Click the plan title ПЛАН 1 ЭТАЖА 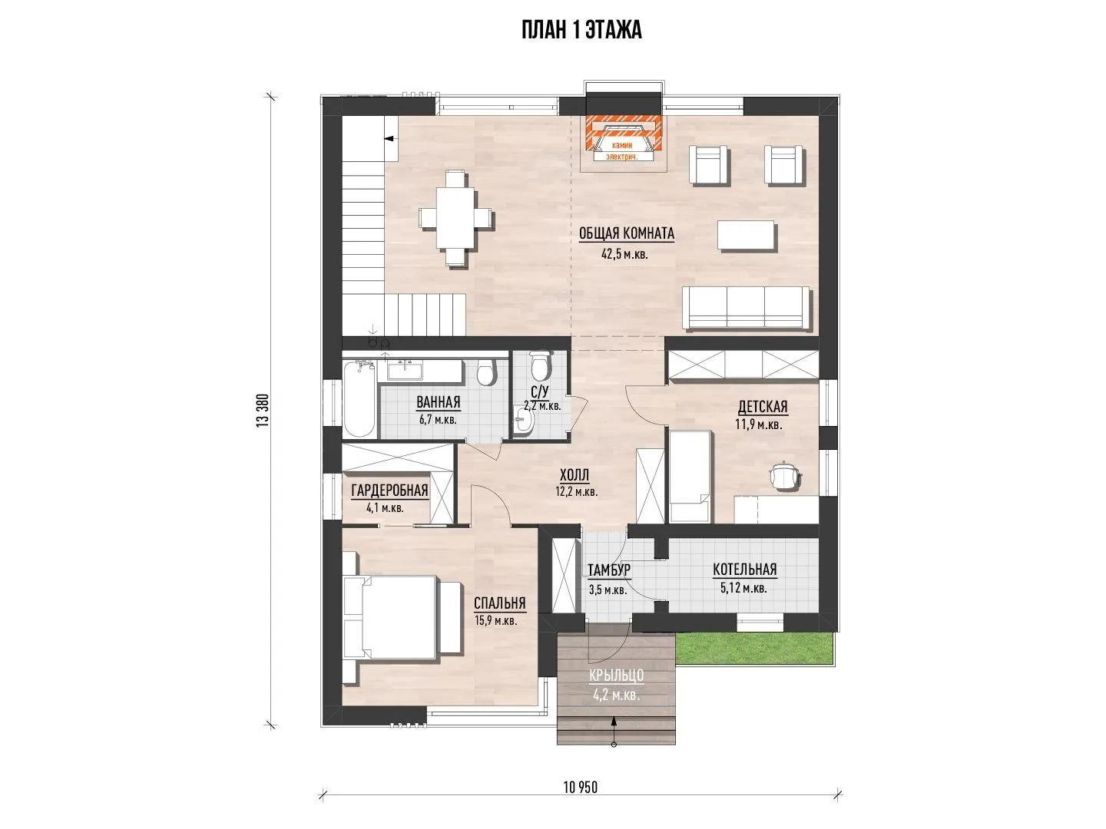pos(581,30)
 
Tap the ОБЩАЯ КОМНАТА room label pos(626,233)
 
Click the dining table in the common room pos(456,217)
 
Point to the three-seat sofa pos(746,308)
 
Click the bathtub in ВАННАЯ pos(359,399)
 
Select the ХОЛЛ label pos(574,474)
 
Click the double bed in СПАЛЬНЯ pos(402,617)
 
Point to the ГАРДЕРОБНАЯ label pos(389,490)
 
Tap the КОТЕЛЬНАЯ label pos(745,570)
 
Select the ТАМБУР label pos(608,570)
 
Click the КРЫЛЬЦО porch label pos(616,675)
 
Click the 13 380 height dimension pos(263,410)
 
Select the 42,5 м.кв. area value pos(624,254)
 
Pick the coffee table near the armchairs pos(747,235)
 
